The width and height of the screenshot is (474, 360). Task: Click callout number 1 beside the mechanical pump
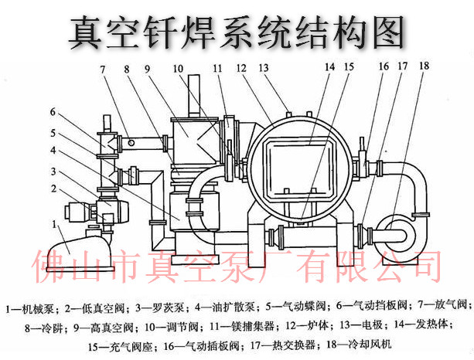[x=53, y=223]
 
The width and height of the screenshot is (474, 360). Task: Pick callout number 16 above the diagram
[x=384, y=67]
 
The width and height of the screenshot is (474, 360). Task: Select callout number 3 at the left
[x=53, y=171]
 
